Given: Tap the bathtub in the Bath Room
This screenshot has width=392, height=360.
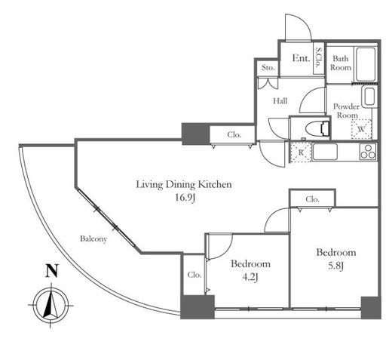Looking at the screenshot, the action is coord(366,64).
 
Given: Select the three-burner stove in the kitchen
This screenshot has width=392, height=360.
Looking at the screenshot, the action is coord(368,152).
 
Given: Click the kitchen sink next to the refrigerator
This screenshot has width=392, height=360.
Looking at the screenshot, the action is coord(325,152).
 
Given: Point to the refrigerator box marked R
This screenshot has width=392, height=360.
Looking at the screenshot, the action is coord(301,152).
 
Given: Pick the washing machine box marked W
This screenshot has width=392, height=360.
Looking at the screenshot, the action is coord(362,129).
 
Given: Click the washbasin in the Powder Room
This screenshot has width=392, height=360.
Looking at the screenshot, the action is coord(369,97).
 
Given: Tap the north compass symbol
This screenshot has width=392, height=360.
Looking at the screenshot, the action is coord(51,305).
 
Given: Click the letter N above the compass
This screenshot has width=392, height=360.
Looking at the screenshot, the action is coord(52,270).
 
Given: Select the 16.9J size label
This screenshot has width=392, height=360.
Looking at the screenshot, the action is coord(185,198).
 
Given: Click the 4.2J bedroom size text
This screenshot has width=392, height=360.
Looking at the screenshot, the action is coord(250,277).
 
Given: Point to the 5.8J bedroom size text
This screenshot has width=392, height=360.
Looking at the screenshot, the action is coord(335,266).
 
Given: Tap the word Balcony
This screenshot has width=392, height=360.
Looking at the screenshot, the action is coord(93,238).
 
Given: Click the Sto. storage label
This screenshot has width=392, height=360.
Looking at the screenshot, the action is coord(268,67).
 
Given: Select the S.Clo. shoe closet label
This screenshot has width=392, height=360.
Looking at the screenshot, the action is coord(319,57).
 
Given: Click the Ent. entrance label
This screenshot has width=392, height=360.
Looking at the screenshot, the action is coord(301,58).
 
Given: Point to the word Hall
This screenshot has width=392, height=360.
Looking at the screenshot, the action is coord(280,101).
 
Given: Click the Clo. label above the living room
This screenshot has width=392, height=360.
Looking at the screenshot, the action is coord(234,135).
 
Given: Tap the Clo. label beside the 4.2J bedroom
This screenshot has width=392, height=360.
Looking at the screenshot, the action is coord(194,275).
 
